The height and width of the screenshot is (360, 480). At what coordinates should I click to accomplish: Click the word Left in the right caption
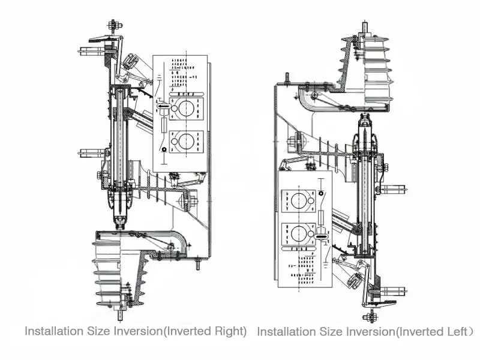pos(455,331)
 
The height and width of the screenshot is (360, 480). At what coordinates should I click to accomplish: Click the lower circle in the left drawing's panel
pos(186,142)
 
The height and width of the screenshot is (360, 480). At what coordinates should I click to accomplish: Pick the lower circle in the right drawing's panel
pos(298,233)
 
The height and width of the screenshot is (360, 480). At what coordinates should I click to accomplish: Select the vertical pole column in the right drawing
pos(366,192)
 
